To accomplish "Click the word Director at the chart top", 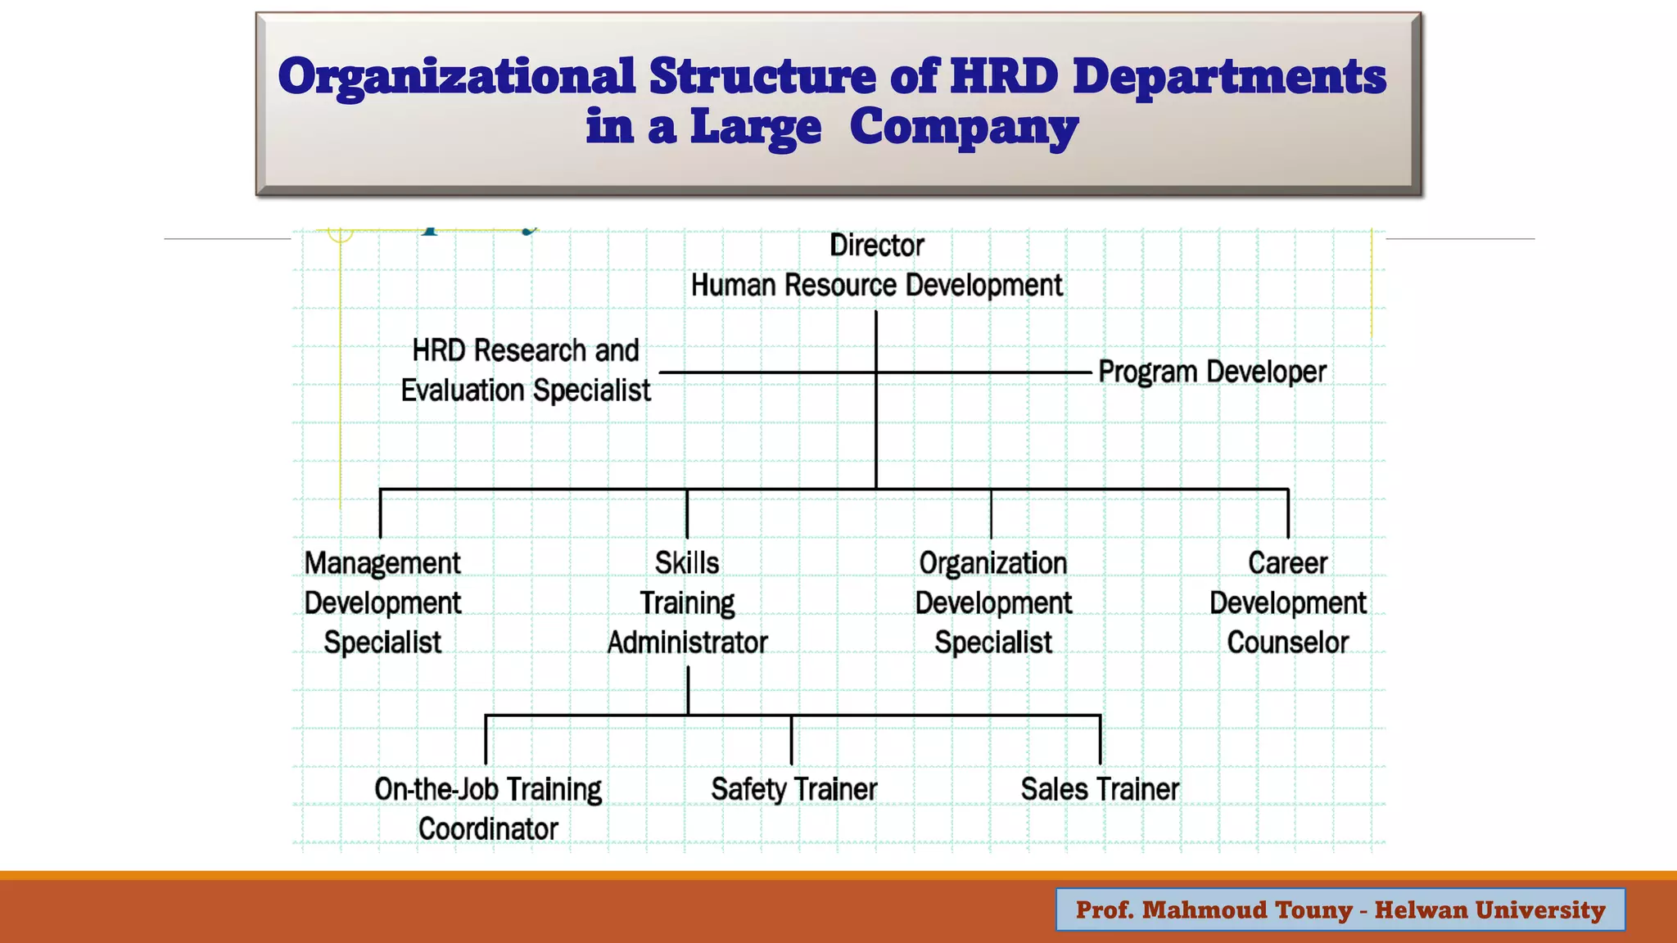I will (x=876, y=246).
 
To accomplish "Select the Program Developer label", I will (x=1212, y=372).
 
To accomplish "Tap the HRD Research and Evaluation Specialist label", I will (x=526, y=370).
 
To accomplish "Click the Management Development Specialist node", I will (x=382, y=602).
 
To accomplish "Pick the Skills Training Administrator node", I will (x=687, y=602).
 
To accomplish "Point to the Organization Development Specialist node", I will (x=992, y=602).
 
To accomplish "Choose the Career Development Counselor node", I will (x=1287, y=602).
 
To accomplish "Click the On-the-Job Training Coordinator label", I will (x=488, y=809).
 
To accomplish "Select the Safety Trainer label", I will (x=793, y=789).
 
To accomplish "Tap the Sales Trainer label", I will (x=1100, y=789).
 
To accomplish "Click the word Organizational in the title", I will (x=456, y=77).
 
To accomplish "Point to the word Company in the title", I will (x=964, y=128).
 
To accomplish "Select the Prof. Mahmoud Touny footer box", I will (x=1340, y=909).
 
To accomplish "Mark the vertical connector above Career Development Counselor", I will (x=1288, y=513).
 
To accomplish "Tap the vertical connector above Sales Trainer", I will (x=1100, y=739).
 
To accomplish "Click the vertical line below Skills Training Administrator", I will (x=688, y=690).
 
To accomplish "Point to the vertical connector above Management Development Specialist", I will (x=381, y=513).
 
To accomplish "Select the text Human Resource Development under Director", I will (x=876, y=286).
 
